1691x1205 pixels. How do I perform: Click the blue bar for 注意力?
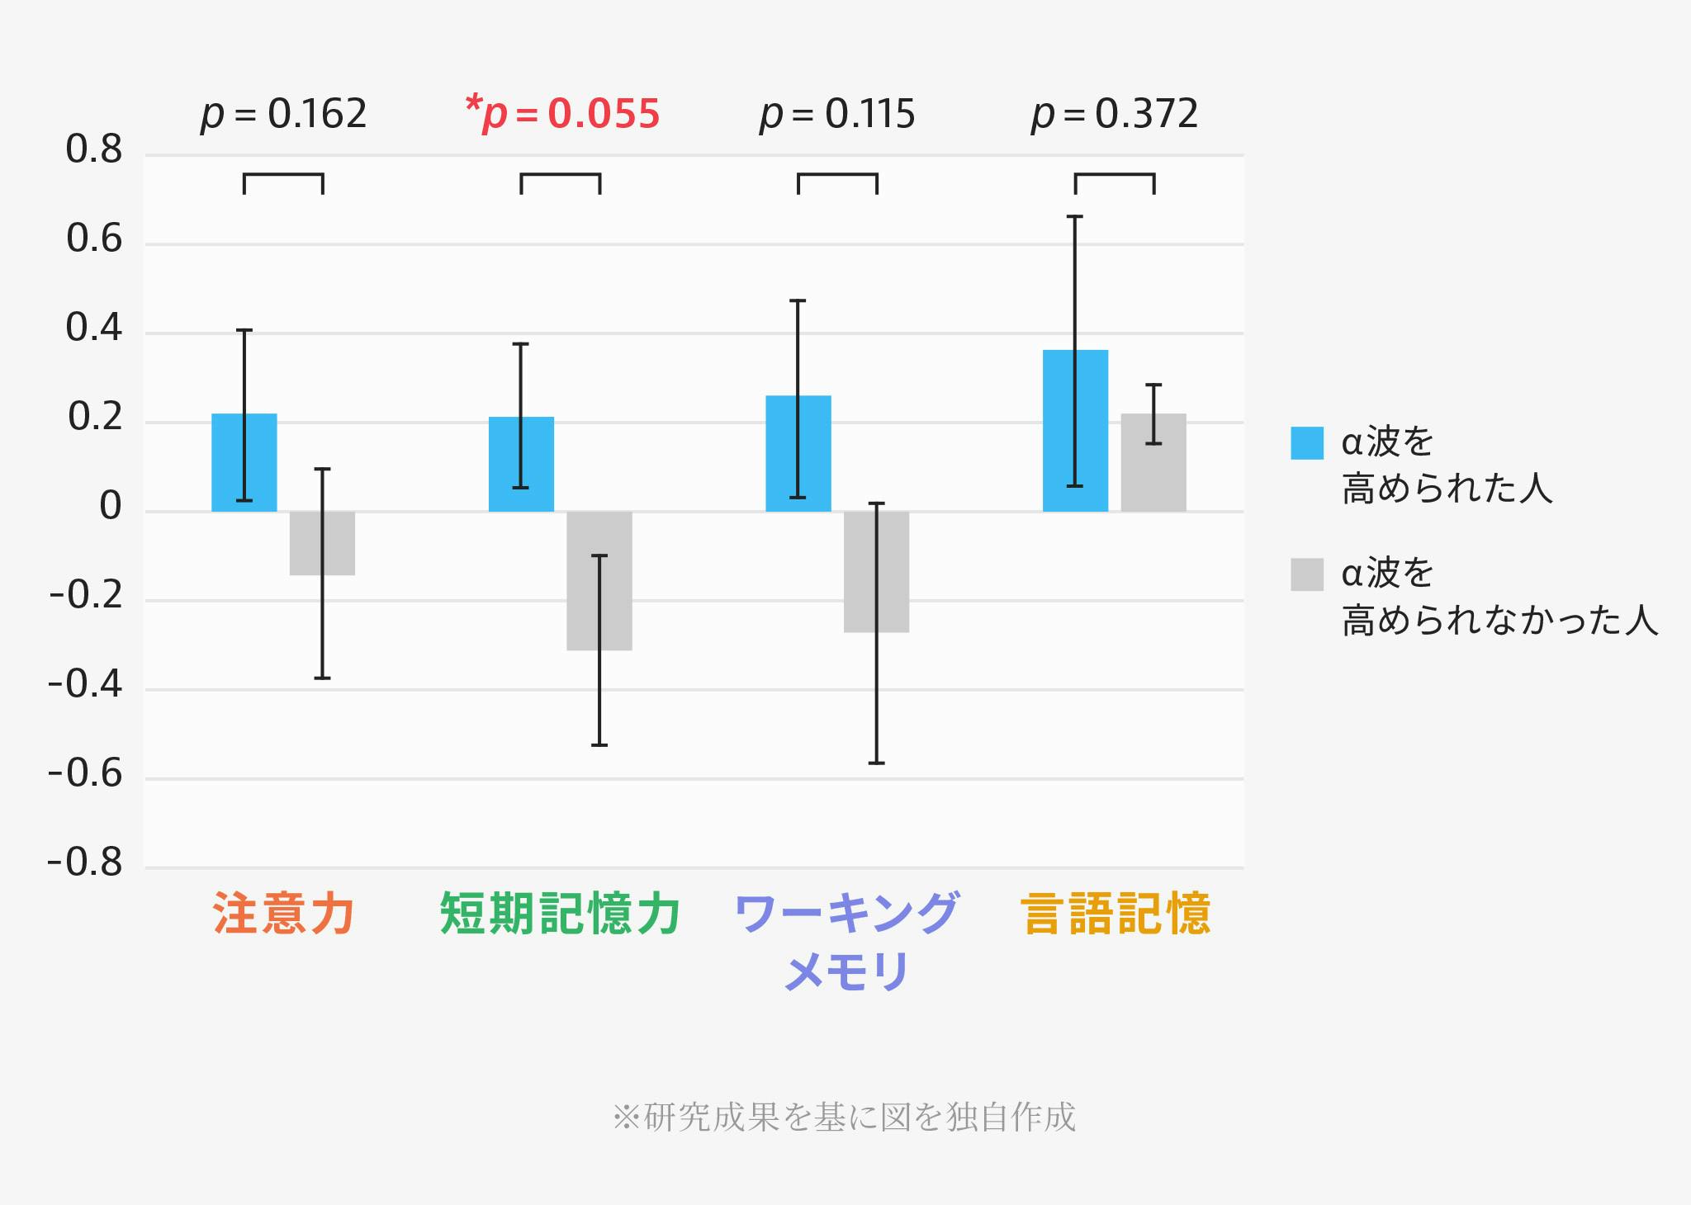(244, 462)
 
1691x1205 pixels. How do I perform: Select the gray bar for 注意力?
(322, 543)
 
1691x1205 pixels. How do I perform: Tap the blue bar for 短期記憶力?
(521, 464)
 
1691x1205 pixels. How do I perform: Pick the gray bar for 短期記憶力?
(599, 580)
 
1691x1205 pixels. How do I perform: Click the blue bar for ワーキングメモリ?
(798, 453)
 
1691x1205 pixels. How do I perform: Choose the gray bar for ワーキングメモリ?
(876, 571)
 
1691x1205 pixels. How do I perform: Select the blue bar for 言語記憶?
(1075, 430)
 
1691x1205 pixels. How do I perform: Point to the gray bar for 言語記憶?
(1153, 462)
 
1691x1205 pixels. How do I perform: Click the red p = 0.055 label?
(563, 114)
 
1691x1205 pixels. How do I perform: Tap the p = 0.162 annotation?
(284, 114)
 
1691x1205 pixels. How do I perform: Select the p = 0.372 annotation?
(1115, 114)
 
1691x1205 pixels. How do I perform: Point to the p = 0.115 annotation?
(837, 114)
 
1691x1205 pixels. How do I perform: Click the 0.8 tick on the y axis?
(93, 150)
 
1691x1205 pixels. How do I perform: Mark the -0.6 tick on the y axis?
(85, 774)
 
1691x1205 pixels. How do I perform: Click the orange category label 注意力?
(284, 913)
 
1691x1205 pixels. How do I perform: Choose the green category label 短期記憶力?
(560, 913)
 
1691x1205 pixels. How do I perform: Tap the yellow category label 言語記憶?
(1115, 913)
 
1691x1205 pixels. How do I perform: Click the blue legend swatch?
(1307, 443)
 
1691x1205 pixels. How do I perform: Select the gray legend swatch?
(1307, 574)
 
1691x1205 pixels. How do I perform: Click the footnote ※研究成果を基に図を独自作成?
(844, 1117)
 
